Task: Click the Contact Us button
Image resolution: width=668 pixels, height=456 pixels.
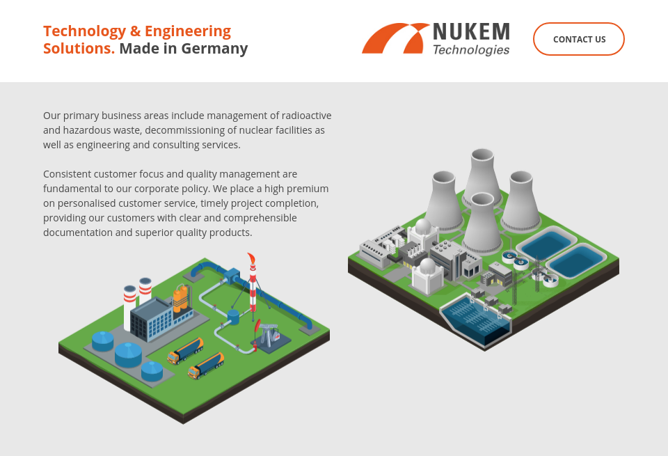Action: tap(578, 39)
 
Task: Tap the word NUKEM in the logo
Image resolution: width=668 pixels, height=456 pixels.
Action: tap(471, 32)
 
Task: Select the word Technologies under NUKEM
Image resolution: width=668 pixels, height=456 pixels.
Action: tap(471, 50)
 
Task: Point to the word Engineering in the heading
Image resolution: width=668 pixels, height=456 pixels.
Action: tap(188, 31)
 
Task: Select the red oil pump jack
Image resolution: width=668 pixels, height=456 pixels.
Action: tap(259, 327)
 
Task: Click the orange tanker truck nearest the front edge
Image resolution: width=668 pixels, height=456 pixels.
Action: tap(206, 365)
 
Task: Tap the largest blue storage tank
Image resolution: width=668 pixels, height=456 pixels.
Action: tap(128, 354)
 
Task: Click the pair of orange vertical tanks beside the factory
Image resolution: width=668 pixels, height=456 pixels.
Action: tap(181, 299)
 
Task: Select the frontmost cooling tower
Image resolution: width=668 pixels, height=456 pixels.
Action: tap(482, 224)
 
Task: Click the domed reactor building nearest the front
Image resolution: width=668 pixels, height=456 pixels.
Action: tap(428, 276)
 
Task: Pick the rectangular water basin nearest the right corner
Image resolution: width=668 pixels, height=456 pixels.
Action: tap(576, 260)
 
